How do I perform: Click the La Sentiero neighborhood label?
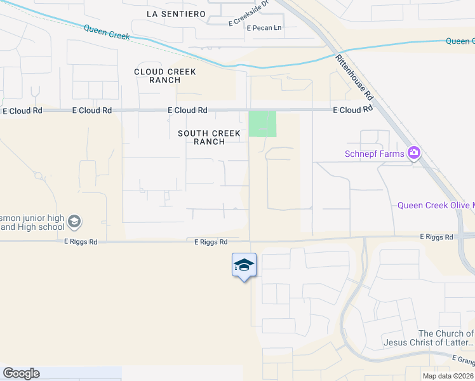tap(176, 13)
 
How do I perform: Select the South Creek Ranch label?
tap(210, 137)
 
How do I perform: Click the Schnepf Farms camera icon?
tap(415, 152)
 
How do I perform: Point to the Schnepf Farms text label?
tap(375, 153)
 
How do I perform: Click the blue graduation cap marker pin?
tap(244, 265)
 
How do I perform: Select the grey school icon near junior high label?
tap(74, 222)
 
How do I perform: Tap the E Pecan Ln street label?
tap(264, 28)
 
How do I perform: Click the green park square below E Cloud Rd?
tap(262, 124)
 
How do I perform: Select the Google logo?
tap(21, 373)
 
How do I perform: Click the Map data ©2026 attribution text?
tap(447, 376)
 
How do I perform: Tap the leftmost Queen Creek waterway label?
tap(106, 32)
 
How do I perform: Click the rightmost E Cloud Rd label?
tap(353, 110)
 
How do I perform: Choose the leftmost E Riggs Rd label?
tap(81, 242)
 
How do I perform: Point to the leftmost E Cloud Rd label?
tap(22, 110)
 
